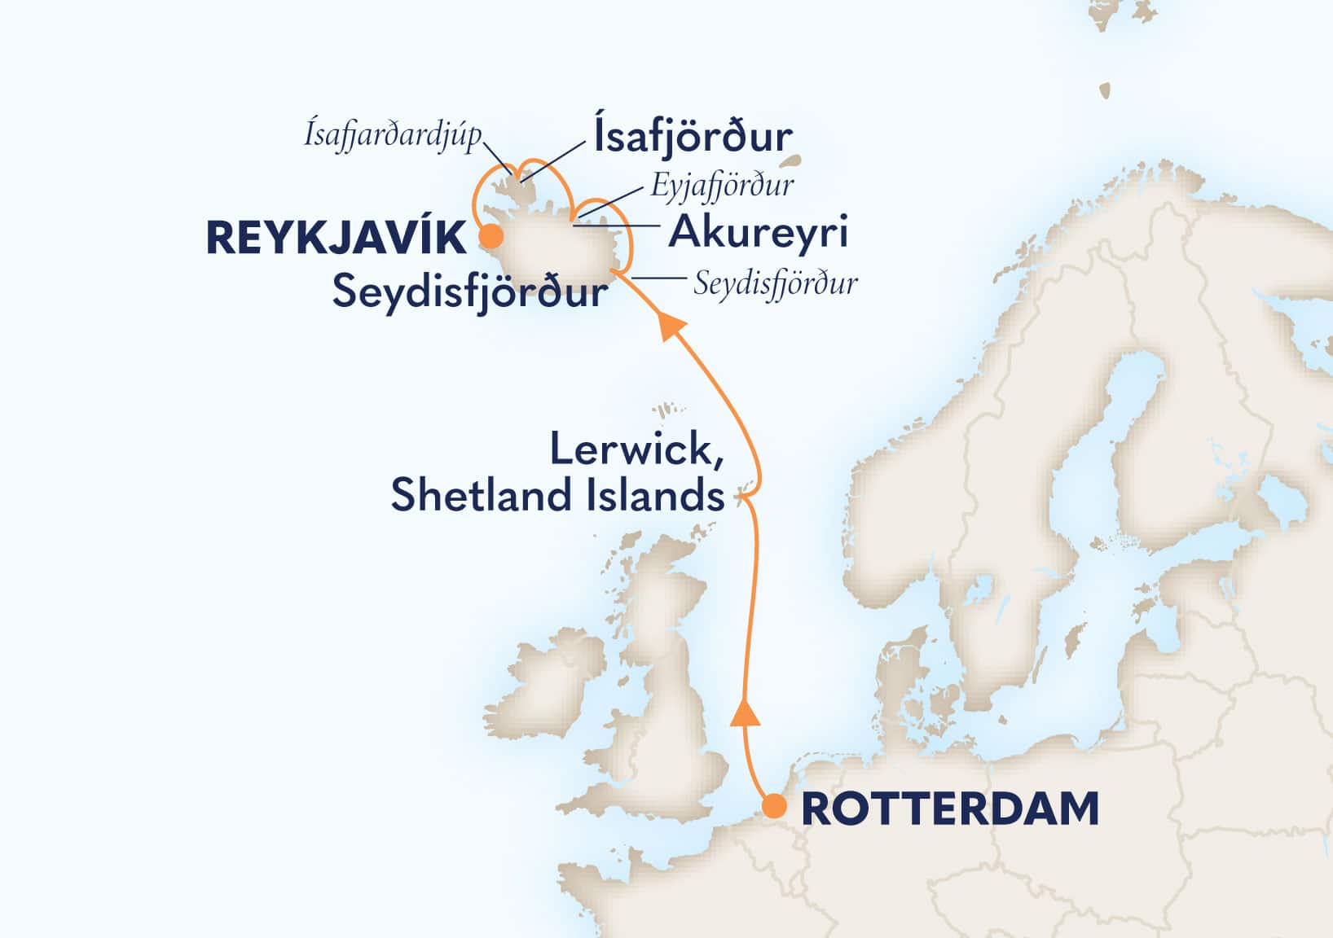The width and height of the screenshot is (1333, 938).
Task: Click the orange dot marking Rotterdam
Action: (x=773, y=807)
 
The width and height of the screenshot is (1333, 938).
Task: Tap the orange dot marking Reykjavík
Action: (x=490, y=237)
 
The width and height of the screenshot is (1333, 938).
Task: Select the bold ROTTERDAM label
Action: (x=950, y=809)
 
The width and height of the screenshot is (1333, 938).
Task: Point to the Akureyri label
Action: (x=758, y=232)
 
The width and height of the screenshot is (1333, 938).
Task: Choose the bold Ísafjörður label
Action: (x=693, y=138)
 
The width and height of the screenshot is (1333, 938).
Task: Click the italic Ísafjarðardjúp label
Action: (x=393, y=135)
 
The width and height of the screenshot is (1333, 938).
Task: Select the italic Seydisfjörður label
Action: (x=775, y=284)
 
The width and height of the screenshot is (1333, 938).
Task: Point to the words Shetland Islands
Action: (x=557, y=496)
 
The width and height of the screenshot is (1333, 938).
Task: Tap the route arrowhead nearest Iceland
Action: (x=671, y=325)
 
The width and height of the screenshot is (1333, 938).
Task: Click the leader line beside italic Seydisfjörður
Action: (x=658, y=278)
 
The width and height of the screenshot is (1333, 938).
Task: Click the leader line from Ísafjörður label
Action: (x=554, y=160)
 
